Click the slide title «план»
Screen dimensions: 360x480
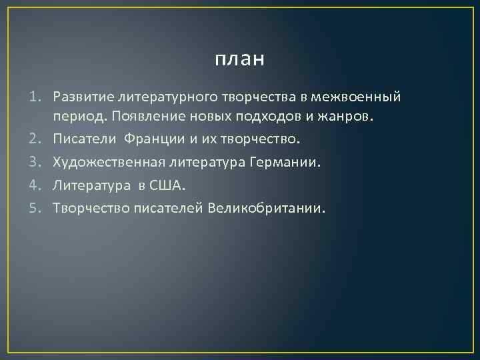(x=240, y=59)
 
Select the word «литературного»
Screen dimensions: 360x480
(x=149, y=97)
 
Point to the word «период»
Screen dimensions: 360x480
(x=77, y=118)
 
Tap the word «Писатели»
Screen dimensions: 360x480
(x=81, y=140)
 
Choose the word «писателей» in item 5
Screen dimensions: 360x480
(x=167, y=207)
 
